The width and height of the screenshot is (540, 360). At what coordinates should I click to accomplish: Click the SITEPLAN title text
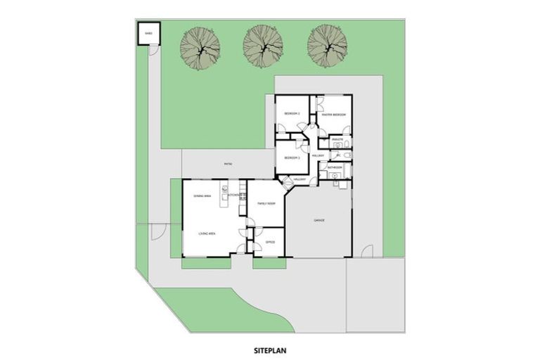click(270, 347)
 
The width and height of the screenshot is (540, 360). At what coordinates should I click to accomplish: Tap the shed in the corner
click(148, 33)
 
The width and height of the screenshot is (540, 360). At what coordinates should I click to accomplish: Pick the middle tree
click(262, 46)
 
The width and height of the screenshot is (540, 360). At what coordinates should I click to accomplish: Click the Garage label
click(319, 220)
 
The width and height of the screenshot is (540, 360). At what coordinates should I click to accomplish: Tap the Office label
click(270, 242)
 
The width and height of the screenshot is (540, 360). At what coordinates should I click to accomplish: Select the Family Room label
click(265, 202)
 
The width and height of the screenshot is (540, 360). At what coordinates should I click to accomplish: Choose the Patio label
click(228, 165)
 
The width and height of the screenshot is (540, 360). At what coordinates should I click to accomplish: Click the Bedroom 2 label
click(292, 113)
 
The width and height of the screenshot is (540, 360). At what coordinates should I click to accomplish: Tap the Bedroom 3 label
click(292, 157)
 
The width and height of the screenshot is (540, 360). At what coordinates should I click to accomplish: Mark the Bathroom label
click(335, 167)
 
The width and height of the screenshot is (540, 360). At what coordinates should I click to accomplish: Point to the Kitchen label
click(236, 194)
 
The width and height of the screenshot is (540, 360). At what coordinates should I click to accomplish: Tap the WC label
click(338, 155)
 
